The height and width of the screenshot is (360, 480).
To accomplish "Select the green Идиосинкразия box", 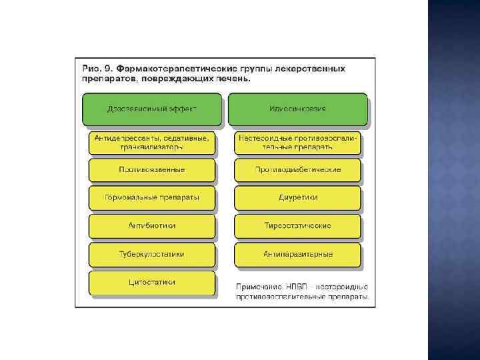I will coord(297,109).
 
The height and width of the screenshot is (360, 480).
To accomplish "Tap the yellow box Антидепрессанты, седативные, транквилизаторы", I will coord(152,143).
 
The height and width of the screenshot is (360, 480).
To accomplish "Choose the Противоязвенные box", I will coord(152,170).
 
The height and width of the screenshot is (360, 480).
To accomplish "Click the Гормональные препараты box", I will coord(152,198).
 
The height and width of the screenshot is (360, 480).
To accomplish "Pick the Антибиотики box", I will coord(152,226).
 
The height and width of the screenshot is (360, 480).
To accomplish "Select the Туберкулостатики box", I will coord(152,254).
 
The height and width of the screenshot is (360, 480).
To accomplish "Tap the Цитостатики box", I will coord(152,283).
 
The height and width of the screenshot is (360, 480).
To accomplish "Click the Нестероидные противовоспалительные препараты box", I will coord(297,143).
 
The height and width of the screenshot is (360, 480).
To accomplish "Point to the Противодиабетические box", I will coord(297,170).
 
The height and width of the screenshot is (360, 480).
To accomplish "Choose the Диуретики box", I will coord(297,198).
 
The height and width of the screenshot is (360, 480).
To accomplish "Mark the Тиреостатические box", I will coord(297,226).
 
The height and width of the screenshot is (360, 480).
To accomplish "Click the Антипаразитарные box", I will coord(297,254).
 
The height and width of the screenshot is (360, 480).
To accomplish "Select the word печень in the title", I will coord(233,79).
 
